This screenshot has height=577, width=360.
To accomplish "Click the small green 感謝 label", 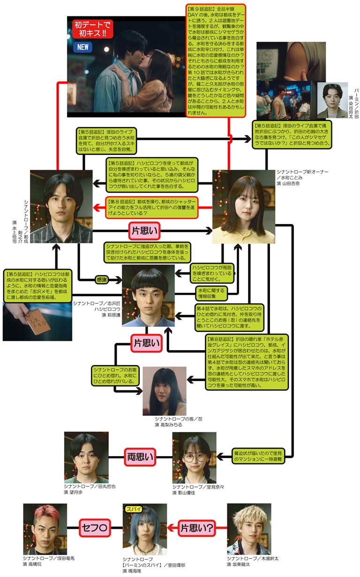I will tap(102, 280).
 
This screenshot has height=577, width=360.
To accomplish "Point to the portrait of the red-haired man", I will tap(45, 529).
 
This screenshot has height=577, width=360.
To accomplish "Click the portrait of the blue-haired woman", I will tap(144, 530).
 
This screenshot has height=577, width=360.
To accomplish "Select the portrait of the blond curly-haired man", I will tap(248, 529).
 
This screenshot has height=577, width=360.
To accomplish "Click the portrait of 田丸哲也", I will tap(86, 457).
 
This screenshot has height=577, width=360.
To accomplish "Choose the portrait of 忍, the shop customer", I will tap(164, 390).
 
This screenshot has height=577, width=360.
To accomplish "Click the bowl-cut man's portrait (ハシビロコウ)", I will tap(148, 295).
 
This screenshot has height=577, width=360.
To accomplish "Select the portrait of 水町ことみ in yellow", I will tap(243, 207).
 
